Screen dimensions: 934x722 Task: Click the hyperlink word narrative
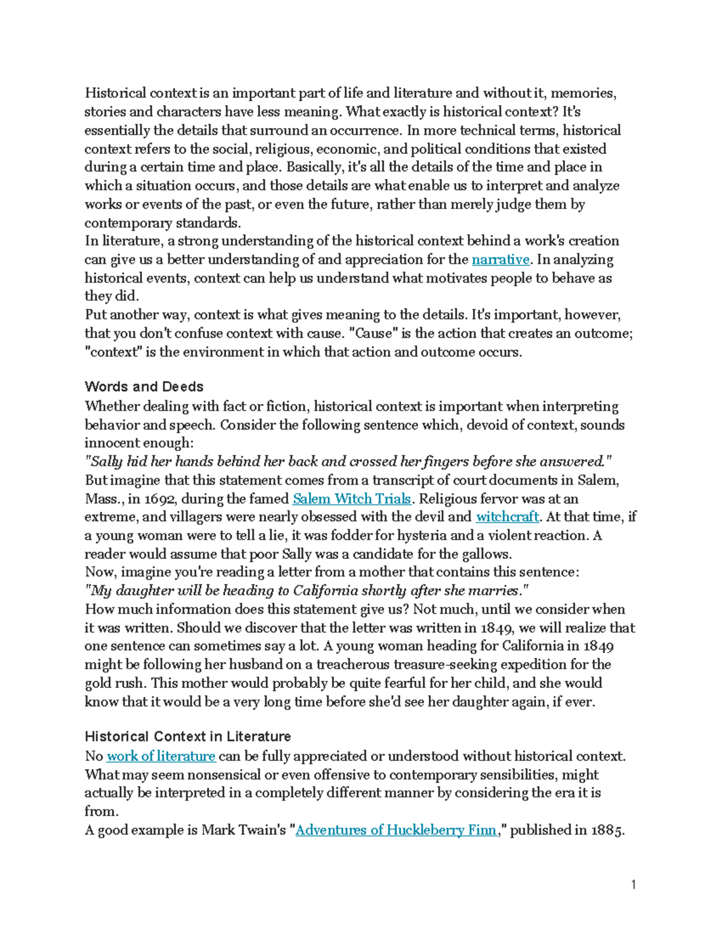501,260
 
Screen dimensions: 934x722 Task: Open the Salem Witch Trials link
351,499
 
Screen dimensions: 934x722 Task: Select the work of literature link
161,756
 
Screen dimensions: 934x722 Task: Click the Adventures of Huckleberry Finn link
396,830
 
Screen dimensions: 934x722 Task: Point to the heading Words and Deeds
144,387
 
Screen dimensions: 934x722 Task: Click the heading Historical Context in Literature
188,737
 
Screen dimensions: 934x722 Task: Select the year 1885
607,830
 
